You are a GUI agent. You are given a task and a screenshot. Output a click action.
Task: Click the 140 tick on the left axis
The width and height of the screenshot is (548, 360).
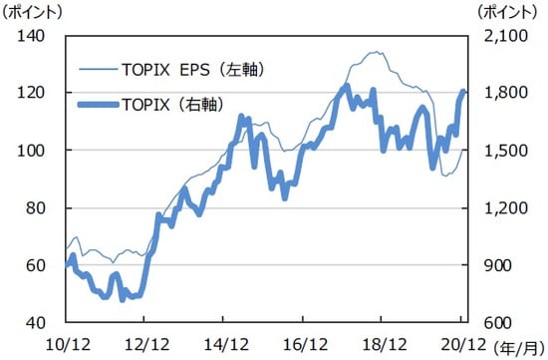(x=31, y=36)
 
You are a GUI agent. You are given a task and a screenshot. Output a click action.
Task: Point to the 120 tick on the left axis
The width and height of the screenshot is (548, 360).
(x=31, y=93)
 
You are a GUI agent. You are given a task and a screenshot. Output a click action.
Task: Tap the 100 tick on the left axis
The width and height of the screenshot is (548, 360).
(x=31, y=151)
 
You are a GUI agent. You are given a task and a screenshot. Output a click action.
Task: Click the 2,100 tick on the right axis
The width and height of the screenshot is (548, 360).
(x=498, y=36)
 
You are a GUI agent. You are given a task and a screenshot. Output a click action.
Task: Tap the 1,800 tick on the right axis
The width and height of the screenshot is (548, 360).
(x=498, y=93)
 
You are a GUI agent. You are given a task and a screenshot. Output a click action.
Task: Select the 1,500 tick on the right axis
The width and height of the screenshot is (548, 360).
(x=498, y=151)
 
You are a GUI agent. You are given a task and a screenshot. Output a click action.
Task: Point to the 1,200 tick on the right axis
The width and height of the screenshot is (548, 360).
(x=498, y=208)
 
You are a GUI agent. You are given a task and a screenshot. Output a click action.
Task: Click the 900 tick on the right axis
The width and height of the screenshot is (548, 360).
(x=493, y=265)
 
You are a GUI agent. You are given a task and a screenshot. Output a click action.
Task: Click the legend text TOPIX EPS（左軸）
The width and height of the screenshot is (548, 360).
(x=195, y=70)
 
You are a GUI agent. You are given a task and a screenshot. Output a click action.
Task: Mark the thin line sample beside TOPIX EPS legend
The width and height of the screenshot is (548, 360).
(x=96, y=70)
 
